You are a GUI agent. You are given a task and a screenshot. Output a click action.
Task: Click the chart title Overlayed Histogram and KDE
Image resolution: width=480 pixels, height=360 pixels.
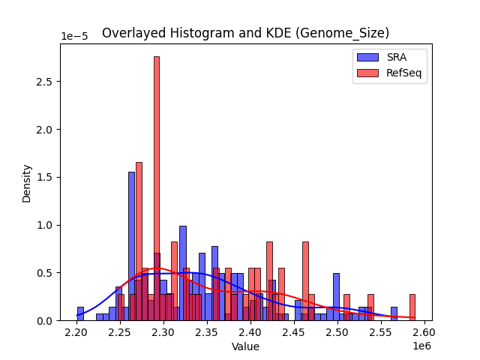[x=245, y=33]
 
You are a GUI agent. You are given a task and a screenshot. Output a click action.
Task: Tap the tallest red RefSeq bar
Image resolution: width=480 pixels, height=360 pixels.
[x=157, y=187]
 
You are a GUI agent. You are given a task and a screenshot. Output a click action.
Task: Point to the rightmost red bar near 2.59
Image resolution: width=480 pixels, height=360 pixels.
[x=412, y=307]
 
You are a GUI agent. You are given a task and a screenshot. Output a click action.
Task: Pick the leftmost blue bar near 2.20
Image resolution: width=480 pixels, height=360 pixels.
[x=80, y=313]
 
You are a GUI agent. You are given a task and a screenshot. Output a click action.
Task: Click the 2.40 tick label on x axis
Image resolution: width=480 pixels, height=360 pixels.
[x=250, y=331]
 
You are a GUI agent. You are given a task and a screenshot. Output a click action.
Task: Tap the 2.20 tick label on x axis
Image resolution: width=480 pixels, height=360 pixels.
[x=77, y=331]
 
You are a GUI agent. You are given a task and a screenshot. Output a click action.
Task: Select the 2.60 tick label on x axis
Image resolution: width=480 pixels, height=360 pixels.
[x=424, y=331]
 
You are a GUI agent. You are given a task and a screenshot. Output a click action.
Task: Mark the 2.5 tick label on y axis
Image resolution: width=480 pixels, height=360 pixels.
[x=46, y=82]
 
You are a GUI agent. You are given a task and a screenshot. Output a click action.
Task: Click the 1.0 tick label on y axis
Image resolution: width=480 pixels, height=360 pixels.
[x=46, y=225]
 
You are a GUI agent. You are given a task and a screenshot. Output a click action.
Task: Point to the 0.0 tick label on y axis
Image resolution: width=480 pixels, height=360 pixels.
[x=46, y=321]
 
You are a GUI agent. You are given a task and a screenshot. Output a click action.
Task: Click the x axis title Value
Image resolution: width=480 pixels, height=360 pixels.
[x=245, y=346]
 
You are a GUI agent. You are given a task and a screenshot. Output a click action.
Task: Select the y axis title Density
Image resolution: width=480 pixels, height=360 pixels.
[x=27, y=182]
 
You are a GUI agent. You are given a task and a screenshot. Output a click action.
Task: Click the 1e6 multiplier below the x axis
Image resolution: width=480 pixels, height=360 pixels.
[x=421, y=344]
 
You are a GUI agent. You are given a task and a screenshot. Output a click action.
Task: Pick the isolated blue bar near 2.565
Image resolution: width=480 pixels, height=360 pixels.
[x=394, y=313]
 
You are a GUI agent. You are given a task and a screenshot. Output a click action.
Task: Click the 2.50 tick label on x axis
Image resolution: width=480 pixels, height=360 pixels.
[x=337, y=331]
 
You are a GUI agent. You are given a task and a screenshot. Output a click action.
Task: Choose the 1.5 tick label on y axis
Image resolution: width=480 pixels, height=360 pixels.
[x=46, y=178]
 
